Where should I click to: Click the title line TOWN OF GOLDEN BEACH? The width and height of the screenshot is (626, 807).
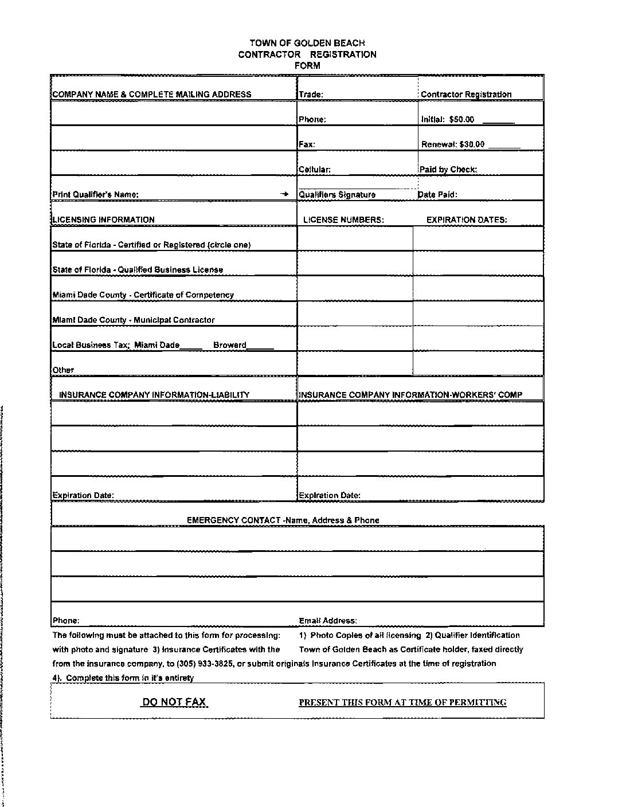(x=307, y=43)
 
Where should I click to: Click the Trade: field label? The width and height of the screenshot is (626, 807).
(x=311, y=95)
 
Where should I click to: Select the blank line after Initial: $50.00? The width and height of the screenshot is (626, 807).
(x=498, y=122)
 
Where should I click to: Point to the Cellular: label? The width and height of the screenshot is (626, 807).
(x=314, y=170)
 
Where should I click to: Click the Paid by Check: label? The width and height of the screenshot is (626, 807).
(x=448, y=170)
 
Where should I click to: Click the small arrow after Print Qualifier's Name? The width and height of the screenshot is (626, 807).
(x=284, y=194)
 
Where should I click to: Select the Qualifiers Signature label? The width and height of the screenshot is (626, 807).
(x=337, y=195)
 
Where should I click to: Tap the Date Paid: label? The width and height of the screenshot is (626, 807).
(x=437, y=195)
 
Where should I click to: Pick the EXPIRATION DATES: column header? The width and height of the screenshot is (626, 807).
(x=467, y=220)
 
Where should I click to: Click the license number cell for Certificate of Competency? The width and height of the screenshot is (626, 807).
(x=354, y=289)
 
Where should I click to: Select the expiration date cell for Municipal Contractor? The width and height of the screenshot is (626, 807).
(x=478, y=314)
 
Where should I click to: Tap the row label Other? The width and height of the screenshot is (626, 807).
(x=63, y=370)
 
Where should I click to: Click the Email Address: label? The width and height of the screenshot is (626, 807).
(x=328, y=621)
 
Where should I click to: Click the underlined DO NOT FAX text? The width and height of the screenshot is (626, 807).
(x=174, y=702)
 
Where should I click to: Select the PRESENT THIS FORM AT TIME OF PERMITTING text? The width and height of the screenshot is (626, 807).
(x=402, y=703)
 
